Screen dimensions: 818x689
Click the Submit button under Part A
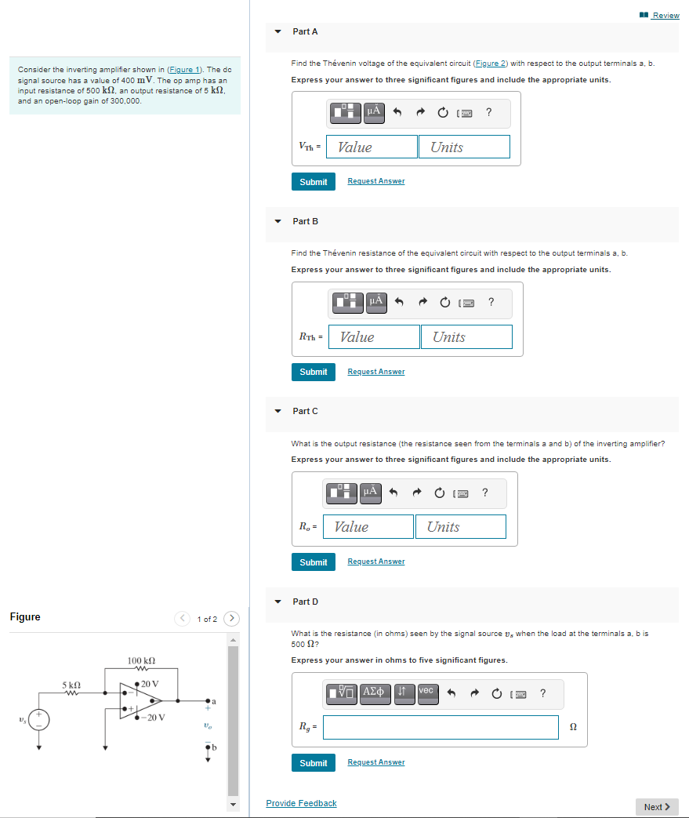[x=313, y=182]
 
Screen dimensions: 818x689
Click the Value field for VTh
[x=372, y=147]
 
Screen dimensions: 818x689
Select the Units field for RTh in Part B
[x=466, y=337]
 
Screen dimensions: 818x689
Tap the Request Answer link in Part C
[x=376, y=562]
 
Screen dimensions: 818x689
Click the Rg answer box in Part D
[x=443, y=728]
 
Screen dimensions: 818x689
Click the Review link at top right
[x=665, y=16]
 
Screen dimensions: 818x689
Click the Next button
[x=656, y=807]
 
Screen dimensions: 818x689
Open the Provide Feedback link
[x=301, y=803]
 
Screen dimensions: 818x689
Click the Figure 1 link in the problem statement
[x=185, y=71]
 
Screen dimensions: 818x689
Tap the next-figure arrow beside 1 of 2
[x=233, y=619]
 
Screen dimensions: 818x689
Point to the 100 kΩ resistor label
[x=141, y=660]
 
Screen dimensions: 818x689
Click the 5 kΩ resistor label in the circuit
[x=71, y=685]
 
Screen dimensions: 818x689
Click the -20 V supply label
[x=151, y=718]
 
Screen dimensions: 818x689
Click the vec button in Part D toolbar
[x=426, y=691]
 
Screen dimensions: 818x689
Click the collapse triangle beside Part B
[x=277, y=221]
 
